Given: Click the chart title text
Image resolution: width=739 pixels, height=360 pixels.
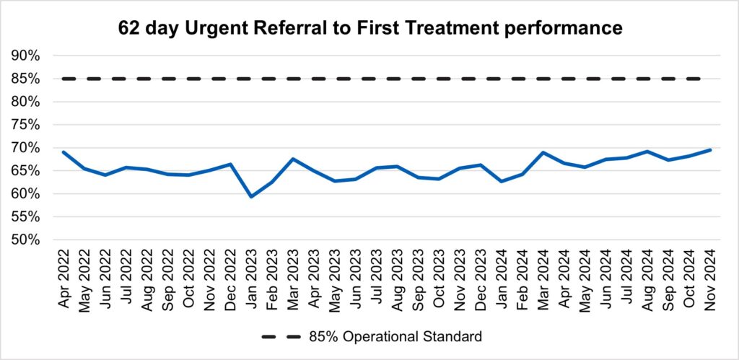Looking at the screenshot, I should coord(369,28).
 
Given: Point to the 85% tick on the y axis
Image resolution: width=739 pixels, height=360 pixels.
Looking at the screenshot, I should coord(25,79).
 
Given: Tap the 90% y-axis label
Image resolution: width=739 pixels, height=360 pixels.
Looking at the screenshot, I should coord(25,56).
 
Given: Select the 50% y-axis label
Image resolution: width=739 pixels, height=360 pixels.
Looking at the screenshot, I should coord(25,240).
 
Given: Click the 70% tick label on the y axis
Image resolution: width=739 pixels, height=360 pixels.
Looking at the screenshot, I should coord(25,148).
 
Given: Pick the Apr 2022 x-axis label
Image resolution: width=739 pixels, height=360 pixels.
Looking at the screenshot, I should coord(63,277).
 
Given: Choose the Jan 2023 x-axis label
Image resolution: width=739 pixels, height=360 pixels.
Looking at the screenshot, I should coord(250,277).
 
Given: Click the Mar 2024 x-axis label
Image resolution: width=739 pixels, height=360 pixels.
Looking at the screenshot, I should coord(543,277).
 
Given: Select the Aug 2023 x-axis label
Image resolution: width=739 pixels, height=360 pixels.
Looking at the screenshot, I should coord(397,277).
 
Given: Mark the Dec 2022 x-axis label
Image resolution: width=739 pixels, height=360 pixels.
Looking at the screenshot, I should coord(229,277).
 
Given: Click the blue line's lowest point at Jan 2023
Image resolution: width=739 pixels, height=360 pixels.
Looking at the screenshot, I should coord(250,196).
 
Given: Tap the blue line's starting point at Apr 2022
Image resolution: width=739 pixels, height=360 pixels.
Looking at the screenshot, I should coord(63,152).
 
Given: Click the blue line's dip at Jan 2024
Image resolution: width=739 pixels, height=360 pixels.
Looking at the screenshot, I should coord(501,181).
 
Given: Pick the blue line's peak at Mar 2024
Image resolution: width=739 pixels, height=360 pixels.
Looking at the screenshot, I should coord(543,152).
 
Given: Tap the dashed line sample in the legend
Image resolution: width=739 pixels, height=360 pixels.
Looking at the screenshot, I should coord(283,336).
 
